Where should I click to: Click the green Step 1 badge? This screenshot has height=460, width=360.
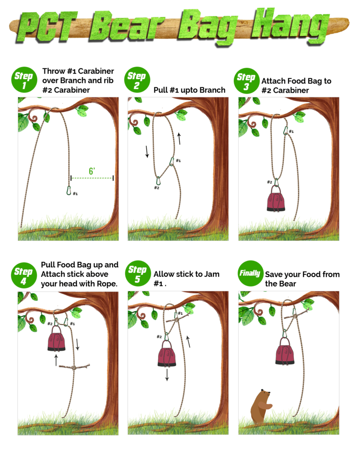[x=24, y=80]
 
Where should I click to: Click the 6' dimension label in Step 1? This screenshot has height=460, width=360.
[x=92, y=171]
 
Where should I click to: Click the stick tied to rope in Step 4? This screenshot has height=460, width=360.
[x=75, y=367]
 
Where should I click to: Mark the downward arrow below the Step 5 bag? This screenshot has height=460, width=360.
[x=167, y=375]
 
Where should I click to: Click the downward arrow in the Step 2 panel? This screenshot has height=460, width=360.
[x=147, y=151]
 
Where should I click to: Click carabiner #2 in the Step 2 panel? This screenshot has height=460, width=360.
[x=158, y=181]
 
